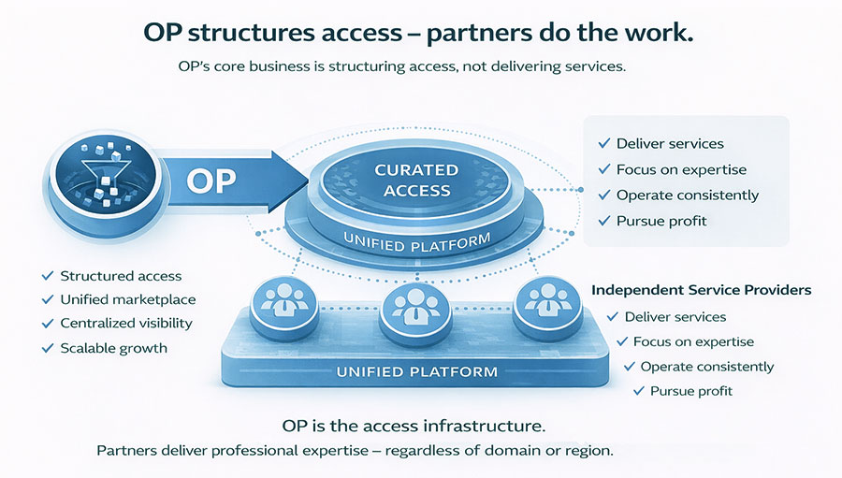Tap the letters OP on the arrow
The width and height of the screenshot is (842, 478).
click(210, 180)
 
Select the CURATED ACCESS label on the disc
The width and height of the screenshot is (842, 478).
click(416, 180)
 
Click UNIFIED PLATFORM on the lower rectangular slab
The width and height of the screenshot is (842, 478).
click(417, 371)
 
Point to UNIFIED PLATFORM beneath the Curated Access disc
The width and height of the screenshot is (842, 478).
click(416, 241)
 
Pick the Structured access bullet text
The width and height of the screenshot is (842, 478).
click(121, 276)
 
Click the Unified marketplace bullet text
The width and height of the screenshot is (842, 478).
click(128, 299)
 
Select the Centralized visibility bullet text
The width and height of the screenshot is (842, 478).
click(126, 323)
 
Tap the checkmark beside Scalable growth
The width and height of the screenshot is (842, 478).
click(48, 348)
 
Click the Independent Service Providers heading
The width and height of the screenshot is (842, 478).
click(701, 290)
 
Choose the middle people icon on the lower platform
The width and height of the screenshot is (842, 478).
click(409, 306)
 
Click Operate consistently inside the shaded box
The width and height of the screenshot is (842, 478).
click(688, 196)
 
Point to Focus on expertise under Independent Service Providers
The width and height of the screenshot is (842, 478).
click(693, 341)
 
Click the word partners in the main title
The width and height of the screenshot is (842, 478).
click(478, 32)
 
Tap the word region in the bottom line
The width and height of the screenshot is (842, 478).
click(586, 451)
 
